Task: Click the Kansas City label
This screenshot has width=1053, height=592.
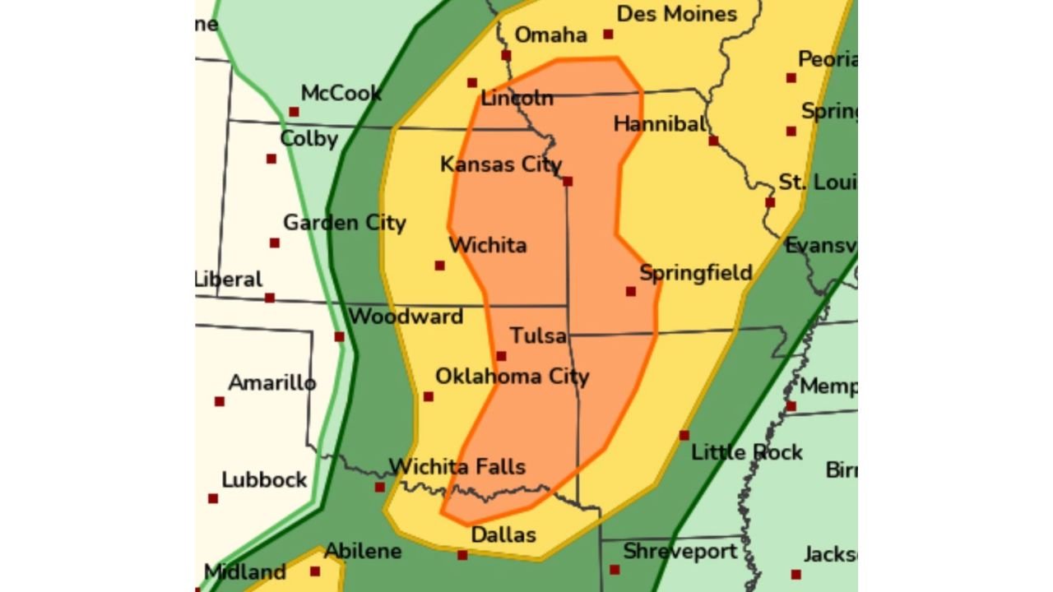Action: (x=500, y=164)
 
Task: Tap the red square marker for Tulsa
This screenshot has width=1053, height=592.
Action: (x=501, y=356)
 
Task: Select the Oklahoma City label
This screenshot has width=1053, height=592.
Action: (x=512, y=377)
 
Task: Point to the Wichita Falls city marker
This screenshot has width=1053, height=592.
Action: (x=379, y=487)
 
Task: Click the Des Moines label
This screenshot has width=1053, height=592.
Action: (x=676, y=14)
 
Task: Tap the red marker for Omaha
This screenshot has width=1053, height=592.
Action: (x=506, y=55)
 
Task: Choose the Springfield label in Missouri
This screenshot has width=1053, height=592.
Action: (x=695, y=273)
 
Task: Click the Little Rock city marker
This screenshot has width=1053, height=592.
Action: (x=684, y=435)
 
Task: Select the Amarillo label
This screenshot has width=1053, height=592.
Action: (x=271, y=383)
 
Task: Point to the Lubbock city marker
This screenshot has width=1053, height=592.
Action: (x=213, y=498)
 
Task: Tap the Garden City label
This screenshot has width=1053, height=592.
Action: (x=344, y=223)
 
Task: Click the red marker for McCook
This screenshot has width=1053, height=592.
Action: (x=294, y=112)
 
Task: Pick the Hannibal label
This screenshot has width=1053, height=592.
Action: (x=660, y=124)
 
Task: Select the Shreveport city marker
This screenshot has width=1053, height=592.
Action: (x=615, y=569)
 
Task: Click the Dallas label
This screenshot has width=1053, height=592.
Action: (x=503, y=535)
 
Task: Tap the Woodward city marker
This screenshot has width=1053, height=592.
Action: (x=339, y=336)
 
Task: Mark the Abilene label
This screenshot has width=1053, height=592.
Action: (x=363, y=551)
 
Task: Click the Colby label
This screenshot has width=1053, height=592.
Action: (x=308, y=138)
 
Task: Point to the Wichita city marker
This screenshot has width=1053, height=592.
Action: (x=439, y=266)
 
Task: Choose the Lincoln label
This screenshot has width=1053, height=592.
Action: (x=517, y=99)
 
